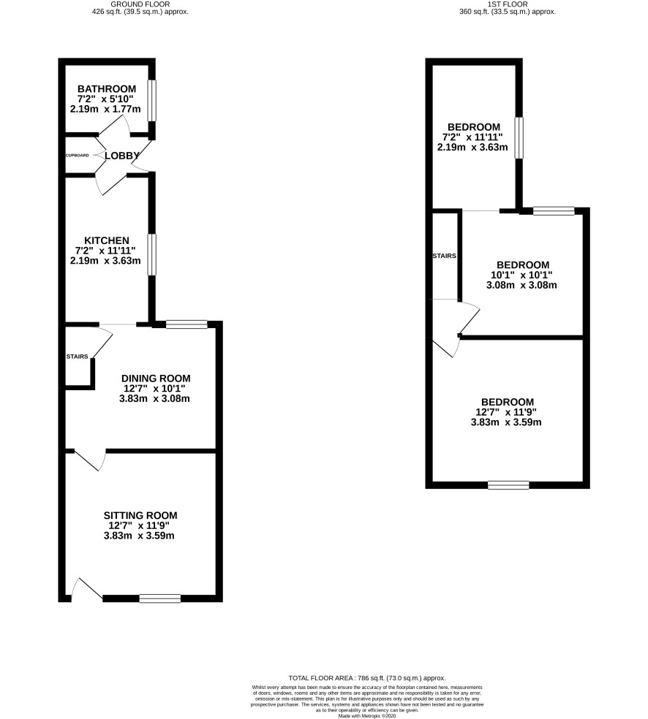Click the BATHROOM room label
pyautogui.click(x=107, y=89)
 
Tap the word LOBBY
pyautogui.click(x=122, y=156)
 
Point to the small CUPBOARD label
pyautogui.click(x=78, y=156)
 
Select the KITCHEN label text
pyautogui.click(x=107, y=240)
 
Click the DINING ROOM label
pyautogui.click(x=156, y=378)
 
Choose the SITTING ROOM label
pyautogui.click(x=140, y=515)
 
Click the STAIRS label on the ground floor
pyautogui.click(x=77, y=357)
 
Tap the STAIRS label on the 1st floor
pyautogui.click(x=444, y=256)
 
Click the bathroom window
pyautogui.click(x=152, y=101)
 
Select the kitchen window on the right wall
pyautogui.click(x=152, y=255)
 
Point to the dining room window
pyautogui.click(x=187, y=324)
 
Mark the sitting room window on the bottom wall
pyautogui.click(x=160, y=598)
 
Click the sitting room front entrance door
pyautogui.click(x=87, y=589)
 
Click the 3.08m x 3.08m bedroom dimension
pyautogui.click(x=521, y=285)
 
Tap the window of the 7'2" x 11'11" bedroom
pyautogui.click(x=519, y=138)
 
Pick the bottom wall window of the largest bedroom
pyautogui.click(x=508, y=484)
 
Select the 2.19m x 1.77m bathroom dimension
pyautogui.click(x=105, y=109)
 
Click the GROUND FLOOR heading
pyautogui.click(x=140, y=4)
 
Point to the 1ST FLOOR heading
pyautogui.click(x=508, y=4)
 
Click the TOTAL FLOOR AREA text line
pyautogui.click(x=367, y=678)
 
